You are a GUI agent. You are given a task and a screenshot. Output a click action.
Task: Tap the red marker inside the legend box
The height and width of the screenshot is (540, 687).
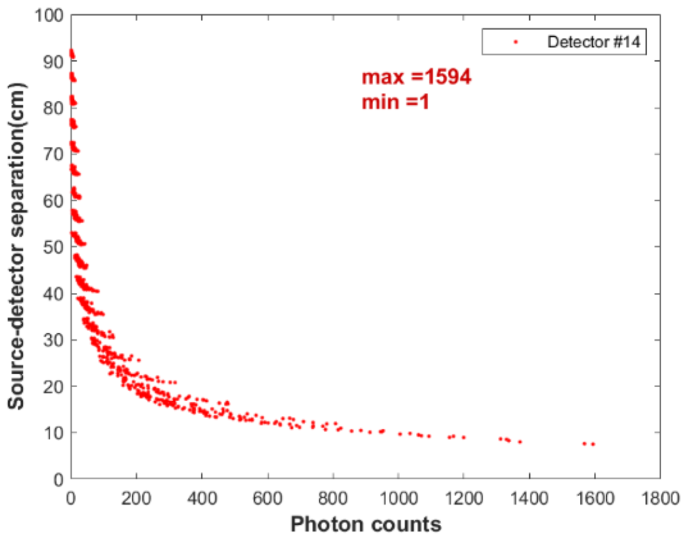[x=515, y=42]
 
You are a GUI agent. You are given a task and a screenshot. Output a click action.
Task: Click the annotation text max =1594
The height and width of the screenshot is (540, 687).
[x=416, y=77]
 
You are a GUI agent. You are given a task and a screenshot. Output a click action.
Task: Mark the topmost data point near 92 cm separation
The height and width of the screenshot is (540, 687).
[x=71, y=52]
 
